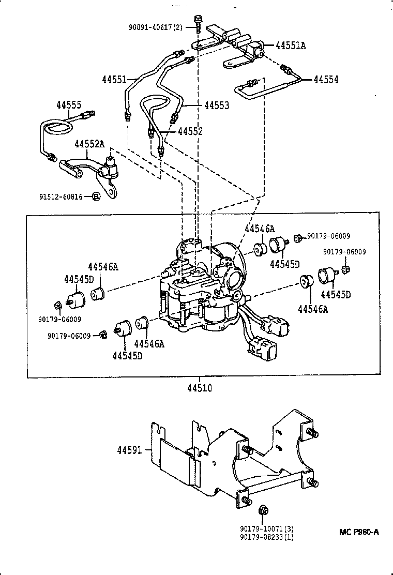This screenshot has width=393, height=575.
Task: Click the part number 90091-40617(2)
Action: pos(159,27)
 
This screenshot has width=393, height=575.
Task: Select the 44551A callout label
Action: pos(290,46)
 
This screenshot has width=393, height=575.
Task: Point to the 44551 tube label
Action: pos(114,80)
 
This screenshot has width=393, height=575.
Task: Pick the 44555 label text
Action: pos(69,105)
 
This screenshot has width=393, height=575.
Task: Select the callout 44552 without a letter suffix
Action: pos(190,131)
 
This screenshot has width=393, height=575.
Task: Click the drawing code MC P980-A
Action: pos(359,532)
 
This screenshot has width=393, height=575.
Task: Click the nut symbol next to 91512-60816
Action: pos(96,196)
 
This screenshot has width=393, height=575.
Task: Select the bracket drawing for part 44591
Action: pos(233,460)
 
